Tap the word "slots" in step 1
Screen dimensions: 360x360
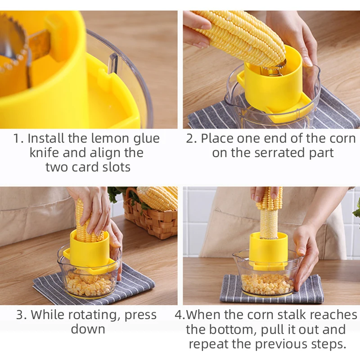113,167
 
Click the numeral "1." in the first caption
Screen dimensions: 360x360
18,138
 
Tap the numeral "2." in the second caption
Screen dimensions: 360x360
191,138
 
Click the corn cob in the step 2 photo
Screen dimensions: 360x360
241,36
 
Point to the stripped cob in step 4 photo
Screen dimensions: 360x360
269,220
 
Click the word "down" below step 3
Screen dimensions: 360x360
88,329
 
